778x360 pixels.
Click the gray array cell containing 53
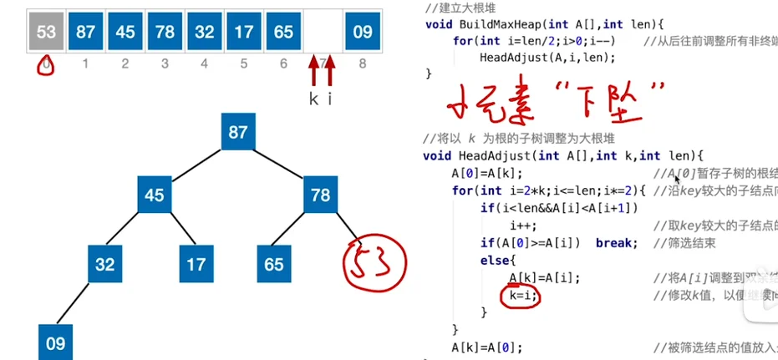coord(47,32)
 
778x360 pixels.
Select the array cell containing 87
coord(86,32)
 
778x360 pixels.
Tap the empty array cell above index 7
coord(323,32)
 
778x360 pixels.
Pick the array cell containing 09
coord(362,32)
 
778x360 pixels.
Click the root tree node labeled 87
coord(238,132)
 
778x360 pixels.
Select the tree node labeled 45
coord(155,196)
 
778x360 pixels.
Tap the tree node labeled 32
coord(104,265)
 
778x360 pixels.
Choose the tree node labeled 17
coord(196,265)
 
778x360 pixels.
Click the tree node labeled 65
coord(272,265)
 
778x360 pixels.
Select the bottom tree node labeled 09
coord(55,342)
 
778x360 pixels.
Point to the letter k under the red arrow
coord(313,99)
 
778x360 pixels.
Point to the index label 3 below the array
coord(165,63)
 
